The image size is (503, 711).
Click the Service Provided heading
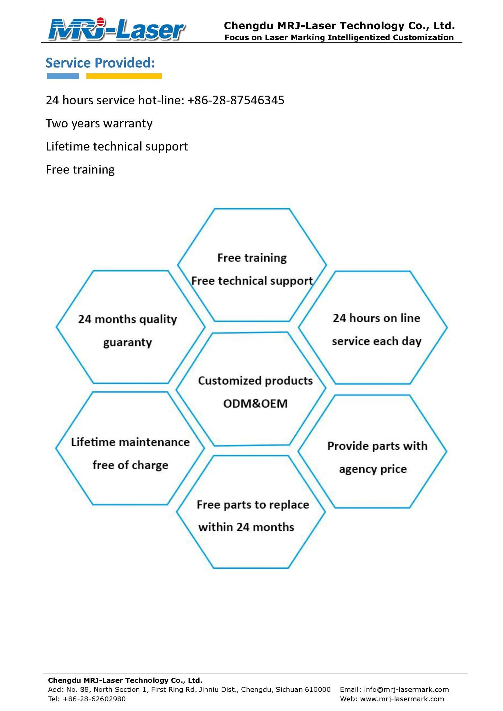coord(100,63)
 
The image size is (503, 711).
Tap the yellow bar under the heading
coord(124,76)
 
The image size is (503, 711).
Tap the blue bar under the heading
coord(63,76)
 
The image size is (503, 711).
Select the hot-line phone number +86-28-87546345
coord(236,100)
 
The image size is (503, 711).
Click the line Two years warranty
coord(99,124)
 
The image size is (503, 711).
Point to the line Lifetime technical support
coord(117,146)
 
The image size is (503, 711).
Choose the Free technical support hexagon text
coord(252,281)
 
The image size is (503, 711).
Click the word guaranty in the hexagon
coord(127,342)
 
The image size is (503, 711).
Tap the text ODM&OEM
coord(255,404)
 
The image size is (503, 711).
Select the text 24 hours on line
coord(376,318)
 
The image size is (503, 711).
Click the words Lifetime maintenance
coord(130,442)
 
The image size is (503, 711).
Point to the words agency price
coord(373,469)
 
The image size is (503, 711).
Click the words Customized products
coord(255,381)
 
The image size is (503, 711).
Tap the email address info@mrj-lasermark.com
coord(406,690)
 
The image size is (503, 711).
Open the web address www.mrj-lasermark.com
coord(402,699)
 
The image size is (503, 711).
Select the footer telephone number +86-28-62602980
coord(94,699)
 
